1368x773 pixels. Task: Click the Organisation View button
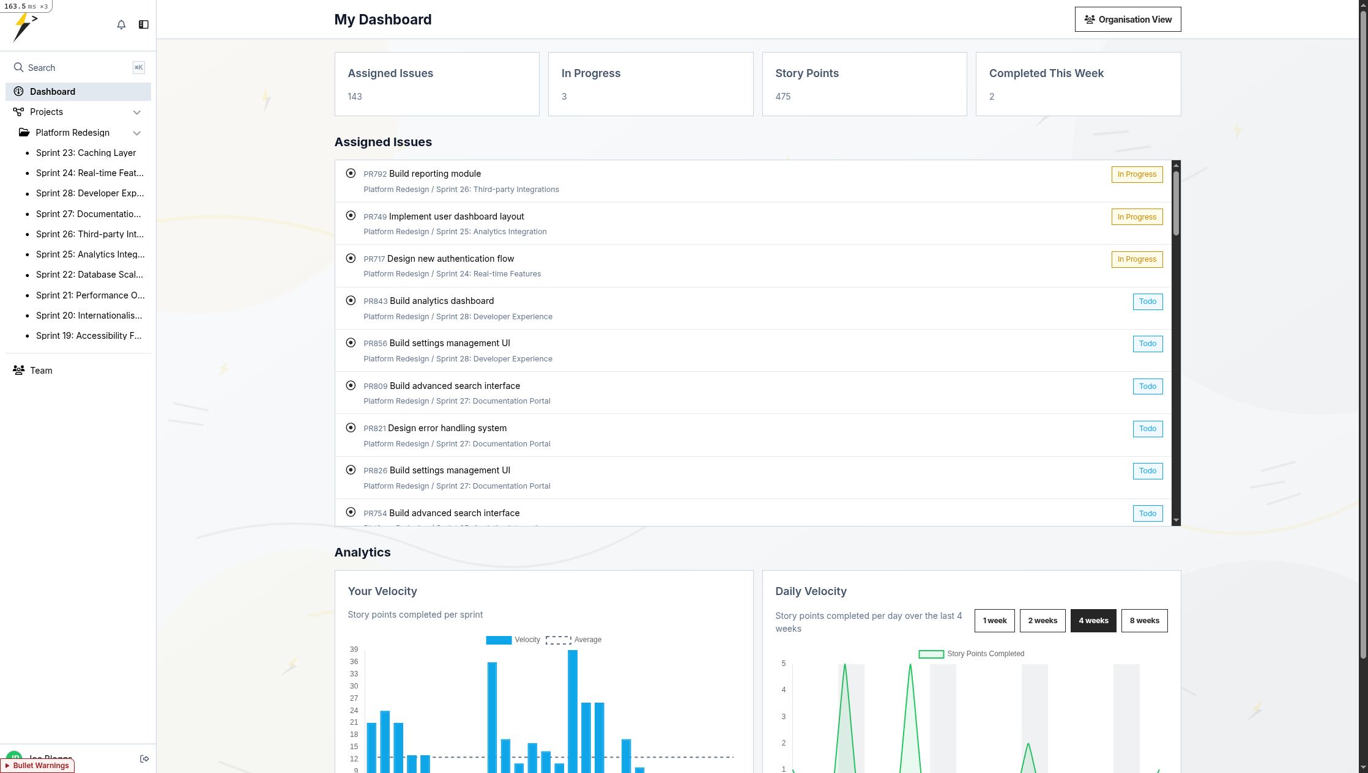1128,20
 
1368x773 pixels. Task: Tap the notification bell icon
121,24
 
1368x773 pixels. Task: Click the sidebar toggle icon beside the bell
144,24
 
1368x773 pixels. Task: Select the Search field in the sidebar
73,68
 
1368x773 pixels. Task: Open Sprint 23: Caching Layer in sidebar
86,153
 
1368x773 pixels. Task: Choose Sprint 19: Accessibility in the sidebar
89,336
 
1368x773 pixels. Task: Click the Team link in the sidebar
41,371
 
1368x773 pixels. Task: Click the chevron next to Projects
137,113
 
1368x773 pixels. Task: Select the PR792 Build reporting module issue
435,174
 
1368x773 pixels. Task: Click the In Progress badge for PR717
1137,259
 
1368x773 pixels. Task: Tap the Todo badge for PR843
1147,301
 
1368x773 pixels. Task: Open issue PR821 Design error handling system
447,428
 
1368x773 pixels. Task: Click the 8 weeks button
1144,621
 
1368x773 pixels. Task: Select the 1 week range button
994,621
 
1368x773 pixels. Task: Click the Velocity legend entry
513,640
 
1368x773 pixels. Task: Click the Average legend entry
573,640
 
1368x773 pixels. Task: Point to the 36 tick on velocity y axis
354,662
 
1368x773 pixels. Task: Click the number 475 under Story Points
783,97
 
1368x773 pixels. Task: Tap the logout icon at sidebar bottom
144,759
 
